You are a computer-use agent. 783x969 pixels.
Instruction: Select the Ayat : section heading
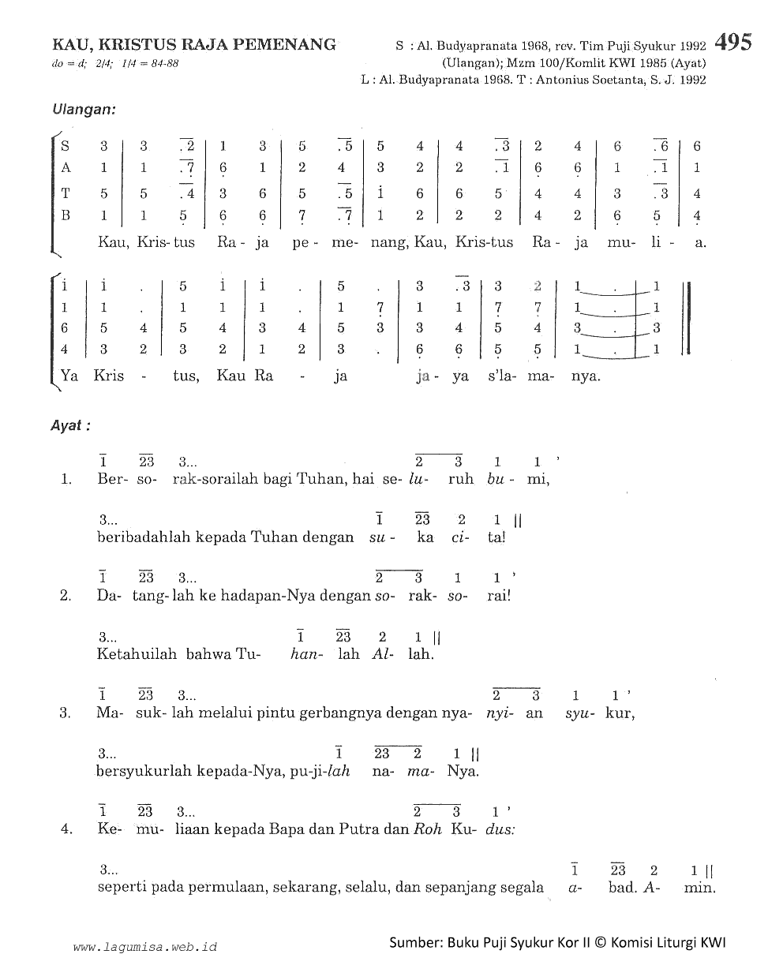[x=72, y=425]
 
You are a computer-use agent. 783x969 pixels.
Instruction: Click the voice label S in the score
[x=66, y=146]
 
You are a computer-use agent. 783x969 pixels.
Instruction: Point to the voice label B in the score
[x=66, y=215]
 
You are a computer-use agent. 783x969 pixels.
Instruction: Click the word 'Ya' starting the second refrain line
[x=69, y=376]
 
